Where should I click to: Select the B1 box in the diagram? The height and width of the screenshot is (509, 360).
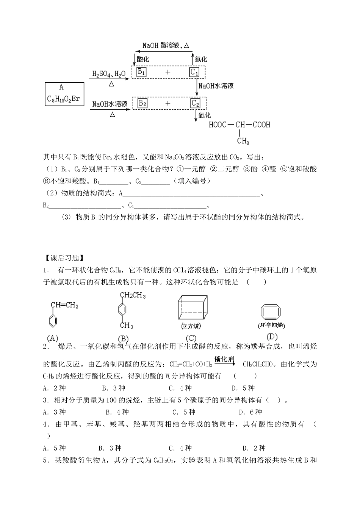pyautogui.click(x=141, y=72)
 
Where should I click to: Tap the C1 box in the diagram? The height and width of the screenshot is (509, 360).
pyautogui.click(x=194, y=72)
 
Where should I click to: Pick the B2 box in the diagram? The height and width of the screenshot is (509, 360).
pyautogui.click(x=142, y=103)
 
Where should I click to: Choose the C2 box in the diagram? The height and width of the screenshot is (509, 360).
pyautogui.click(x=195, y=103)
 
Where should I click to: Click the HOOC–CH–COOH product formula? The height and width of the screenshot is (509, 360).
pyautogui.click(x=239, y=124)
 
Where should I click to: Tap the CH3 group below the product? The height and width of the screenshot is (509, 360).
pyautogui.click(x=243, y=141)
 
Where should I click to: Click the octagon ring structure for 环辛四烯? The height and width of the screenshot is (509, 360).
pyautogui.click(x=271, y=312)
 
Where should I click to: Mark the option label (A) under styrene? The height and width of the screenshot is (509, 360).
pyautogui.click(x=52, y=338)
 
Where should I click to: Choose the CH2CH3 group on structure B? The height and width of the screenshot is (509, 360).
pyautogui.click(x=133, y=295)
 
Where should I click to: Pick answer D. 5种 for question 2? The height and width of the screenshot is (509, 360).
pyautogui.click(x=243, y=388)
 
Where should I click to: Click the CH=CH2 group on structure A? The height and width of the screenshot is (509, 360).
pyautogui.click(x=64, y=305)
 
